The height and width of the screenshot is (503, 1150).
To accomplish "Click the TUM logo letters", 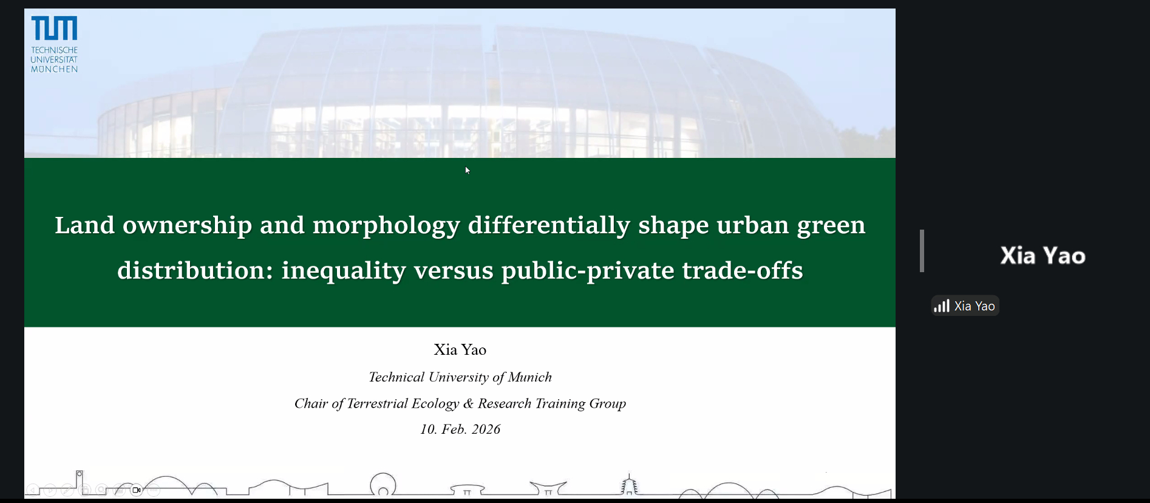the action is coord(54,28).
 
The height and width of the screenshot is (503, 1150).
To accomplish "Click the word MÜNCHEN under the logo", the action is coord(54,69).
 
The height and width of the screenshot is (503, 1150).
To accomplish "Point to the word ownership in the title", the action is coord(187,225).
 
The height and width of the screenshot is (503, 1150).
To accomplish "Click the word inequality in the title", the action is coord(344,270).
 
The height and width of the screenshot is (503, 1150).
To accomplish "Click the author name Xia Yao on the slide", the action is coord(460,350).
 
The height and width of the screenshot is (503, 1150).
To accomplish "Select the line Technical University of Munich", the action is coord(460,377).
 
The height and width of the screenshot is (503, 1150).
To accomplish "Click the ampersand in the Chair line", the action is coord(468,403).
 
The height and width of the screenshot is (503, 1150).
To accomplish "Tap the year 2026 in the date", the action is coord(486,429).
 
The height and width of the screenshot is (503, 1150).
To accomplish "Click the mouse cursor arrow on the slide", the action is coord(468,170).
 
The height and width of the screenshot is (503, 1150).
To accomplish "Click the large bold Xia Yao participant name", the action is coord(1043,256).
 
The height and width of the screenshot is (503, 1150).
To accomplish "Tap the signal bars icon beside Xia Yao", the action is coord(942,306).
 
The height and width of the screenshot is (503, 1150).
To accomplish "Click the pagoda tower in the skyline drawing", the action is coord(629,485).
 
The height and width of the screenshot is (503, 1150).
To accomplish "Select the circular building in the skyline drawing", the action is coord(383,485).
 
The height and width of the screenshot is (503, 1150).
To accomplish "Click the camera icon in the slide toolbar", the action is coord(137,490).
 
